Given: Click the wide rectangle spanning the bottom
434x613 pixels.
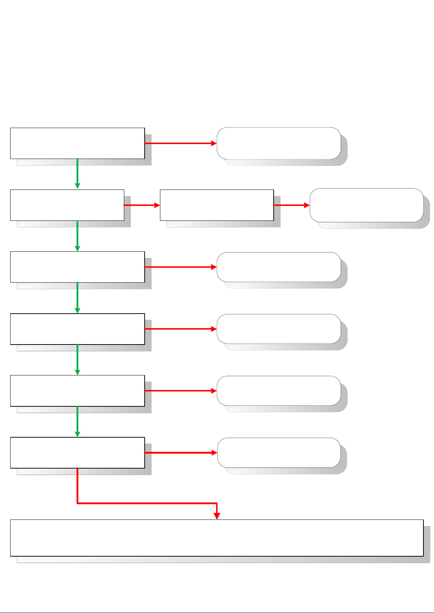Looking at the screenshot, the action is click(x=217, y=538).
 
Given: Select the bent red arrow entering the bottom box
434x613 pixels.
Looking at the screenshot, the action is click(x=146, y=503).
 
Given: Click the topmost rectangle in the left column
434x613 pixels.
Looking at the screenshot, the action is click(x=77, y=143).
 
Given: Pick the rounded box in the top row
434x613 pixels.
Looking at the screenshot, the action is click(x=279, y=143).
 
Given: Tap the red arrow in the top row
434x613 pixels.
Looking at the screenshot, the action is click(x=180, y=143).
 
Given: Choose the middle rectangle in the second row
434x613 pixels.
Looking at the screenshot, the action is click(x=217, y=205).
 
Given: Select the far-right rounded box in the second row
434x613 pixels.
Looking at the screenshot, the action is click(x=367, y=205).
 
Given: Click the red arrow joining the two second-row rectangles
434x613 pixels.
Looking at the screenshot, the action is click(x=142, y=205).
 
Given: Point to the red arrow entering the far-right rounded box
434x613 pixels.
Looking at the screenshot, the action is click(x=292, y=205).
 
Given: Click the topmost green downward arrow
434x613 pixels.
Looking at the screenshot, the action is click(x=77, y=174).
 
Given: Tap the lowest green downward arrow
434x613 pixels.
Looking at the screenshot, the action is click(x=77, y=421).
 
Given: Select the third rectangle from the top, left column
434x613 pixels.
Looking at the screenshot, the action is click(x=77, y=267).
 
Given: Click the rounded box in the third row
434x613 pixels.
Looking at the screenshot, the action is click(x=279, y=267).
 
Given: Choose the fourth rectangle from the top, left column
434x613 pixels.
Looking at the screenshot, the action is click(x=77, y=329).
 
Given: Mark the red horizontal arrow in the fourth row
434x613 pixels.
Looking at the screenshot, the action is click(x=180, y=329).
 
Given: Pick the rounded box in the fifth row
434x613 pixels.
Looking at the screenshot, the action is click(x=279, y=390).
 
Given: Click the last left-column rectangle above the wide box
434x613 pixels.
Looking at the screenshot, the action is click(x=77, y=453).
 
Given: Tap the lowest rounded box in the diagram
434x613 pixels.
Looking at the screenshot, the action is click(x=279, y=453).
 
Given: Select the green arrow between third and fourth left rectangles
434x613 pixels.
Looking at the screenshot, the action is click(x=77, y=298).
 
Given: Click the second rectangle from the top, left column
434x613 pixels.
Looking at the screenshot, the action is click(x=67, y=205).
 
